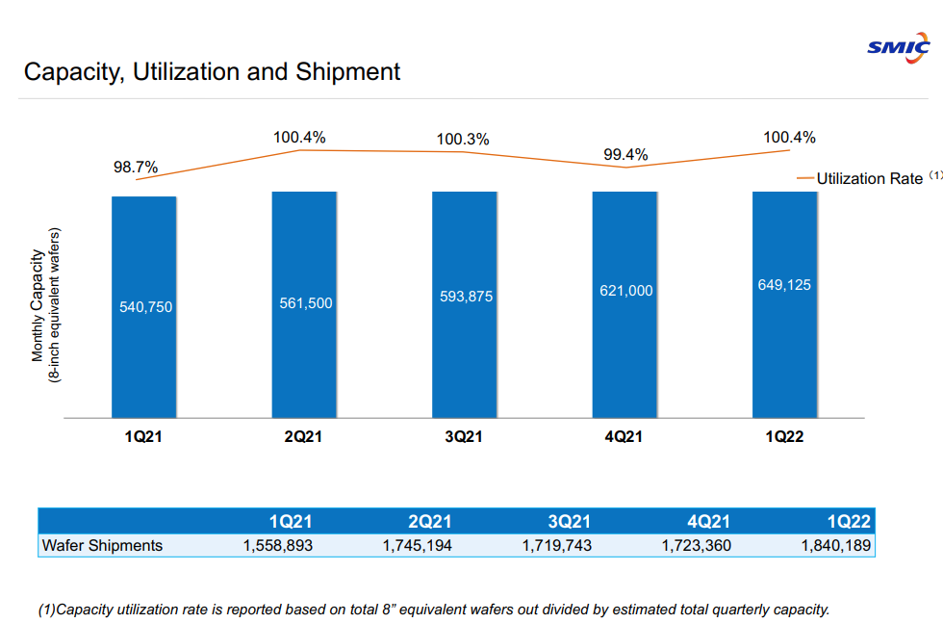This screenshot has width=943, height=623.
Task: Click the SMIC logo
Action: pyautogui.click(x=898, y=47)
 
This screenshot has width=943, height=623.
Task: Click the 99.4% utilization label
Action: pyautogui.click(x=625, y=154)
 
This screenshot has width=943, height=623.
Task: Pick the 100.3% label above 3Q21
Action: pyautogui.click(x=463, y=140)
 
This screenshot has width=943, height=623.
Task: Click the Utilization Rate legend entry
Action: pyautogui.click(x=869, y=178)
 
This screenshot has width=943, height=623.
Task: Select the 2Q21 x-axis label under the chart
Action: pyautogui.click(x=303, y=436)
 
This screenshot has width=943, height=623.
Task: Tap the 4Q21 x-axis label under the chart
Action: pyautogui.click(x=624, y=436)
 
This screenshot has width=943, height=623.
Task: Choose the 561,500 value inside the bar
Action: pyautogui.click(x=306, y=303)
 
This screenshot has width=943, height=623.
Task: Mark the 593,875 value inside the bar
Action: pyautogui.click(x=466, y=297)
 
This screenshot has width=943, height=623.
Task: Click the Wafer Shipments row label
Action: pyautogui.click(x=102, y=545)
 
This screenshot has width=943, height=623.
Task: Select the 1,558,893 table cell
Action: pyautogui.click(x=277, y=545)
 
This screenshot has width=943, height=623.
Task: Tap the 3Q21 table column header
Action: pyautogui.click(x=570, y=522)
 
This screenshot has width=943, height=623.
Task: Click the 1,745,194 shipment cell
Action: pyautogui.click(x=417, y=545)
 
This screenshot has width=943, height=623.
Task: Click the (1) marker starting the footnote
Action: pyautogui.click(x=47, y=610)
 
